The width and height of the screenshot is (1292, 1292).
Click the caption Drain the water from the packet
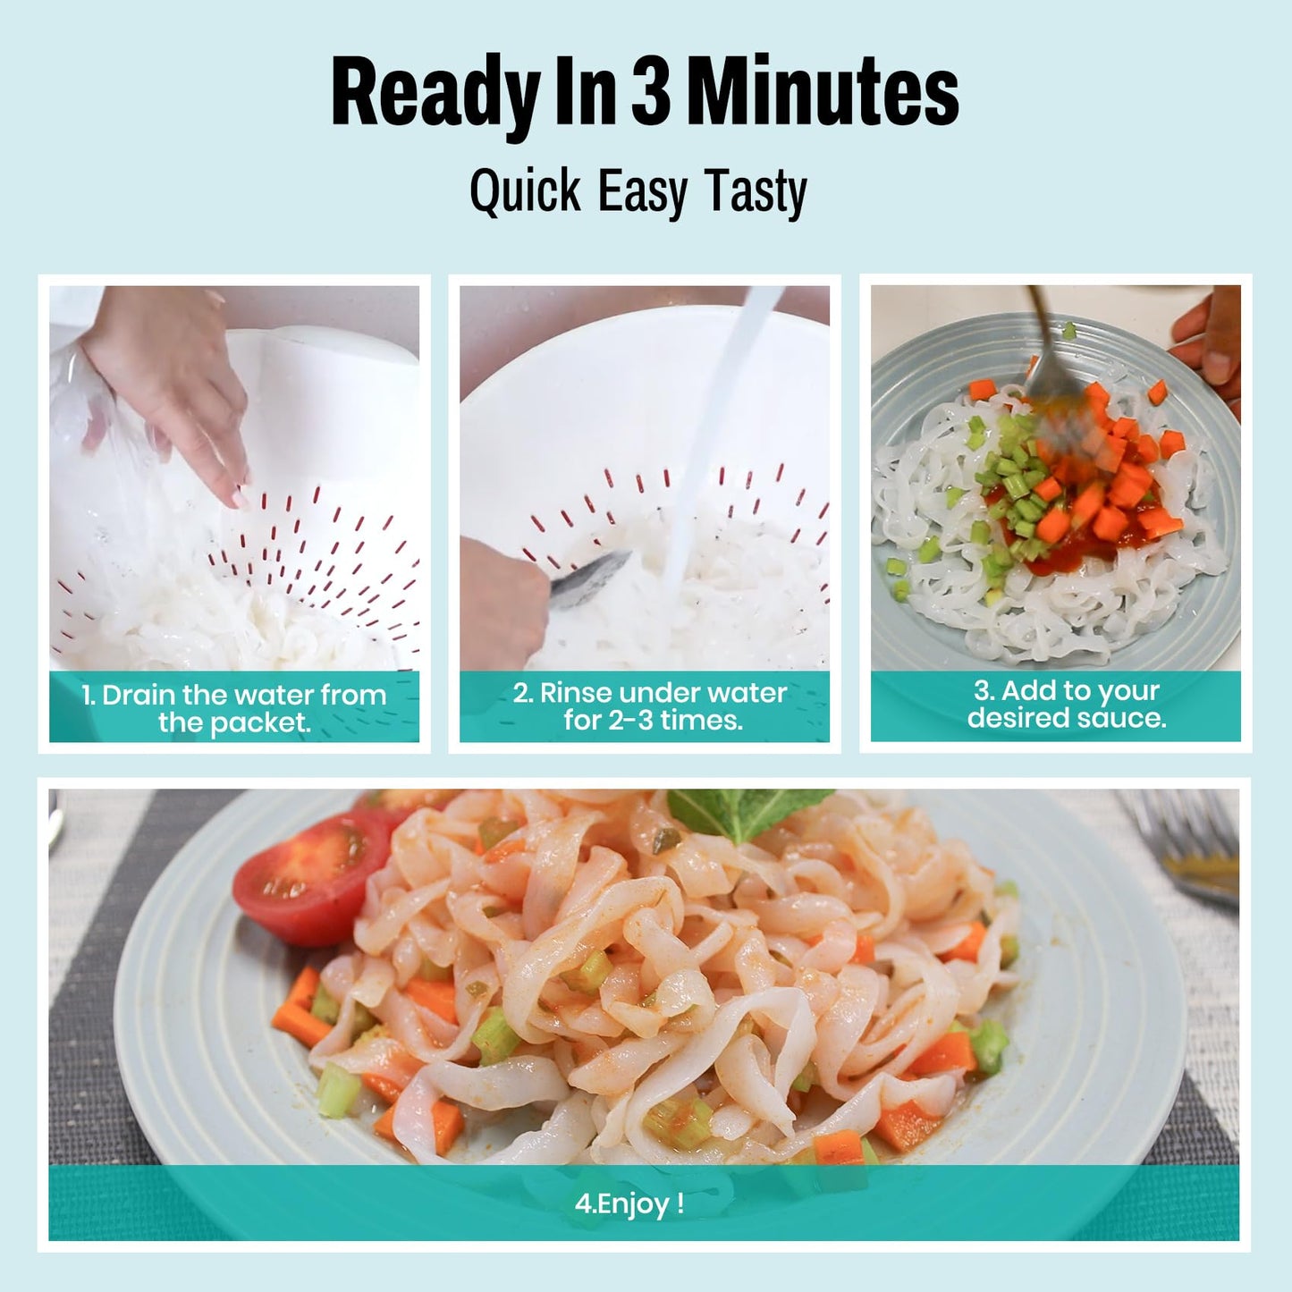coord(234,708)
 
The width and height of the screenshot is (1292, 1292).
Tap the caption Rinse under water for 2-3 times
coord(650,706)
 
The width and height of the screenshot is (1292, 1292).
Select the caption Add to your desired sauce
coord(1066,704)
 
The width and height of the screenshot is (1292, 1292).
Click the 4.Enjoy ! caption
coord(629,1203)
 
